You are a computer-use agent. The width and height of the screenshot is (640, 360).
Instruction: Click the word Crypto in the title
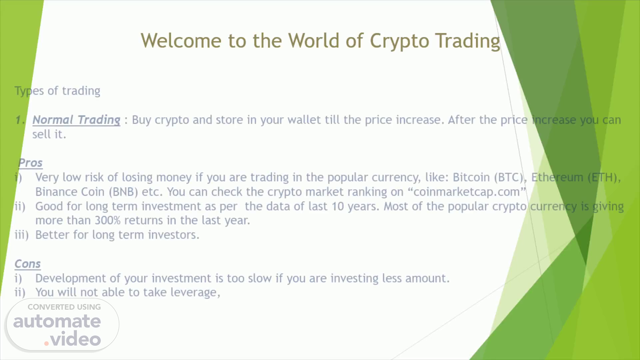[399, 41]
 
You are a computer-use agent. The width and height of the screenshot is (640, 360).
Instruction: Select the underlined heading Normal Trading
[76, 120]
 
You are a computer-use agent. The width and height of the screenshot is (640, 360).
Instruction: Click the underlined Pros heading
[30, 163]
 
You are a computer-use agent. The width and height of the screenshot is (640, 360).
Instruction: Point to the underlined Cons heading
[28, 264]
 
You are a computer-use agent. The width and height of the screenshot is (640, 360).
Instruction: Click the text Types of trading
[57, 91]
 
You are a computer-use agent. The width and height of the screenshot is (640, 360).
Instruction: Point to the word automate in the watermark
[57, 321]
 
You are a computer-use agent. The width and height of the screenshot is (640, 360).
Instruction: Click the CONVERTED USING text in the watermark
[64, 307]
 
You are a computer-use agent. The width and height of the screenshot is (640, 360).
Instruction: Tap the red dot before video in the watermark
[46, 343]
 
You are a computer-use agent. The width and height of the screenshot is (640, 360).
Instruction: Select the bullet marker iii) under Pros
[22, 235]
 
